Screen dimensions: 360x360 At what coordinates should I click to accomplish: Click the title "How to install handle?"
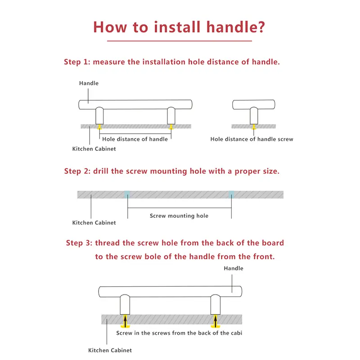pos(179,26)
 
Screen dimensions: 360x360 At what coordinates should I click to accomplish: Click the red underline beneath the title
pos(179,41)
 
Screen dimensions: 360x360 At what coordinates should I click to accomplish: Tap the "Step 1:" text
pos(77,62)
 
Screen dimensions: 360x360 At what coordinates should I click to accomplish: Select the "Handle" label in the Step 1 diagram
pos(89,83)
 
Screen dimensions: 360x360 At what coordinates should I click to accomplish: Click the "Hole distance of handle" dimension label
pos(135,139)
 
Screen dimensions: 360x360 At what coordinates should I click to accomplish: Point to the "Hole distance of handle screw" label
pos(252,139)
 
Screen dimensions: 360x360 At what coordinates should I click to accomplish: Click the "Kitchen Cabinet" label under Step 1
pos(94,148)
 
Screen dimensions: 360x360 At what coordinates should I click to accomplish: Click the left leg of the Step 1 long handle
pos(100,116)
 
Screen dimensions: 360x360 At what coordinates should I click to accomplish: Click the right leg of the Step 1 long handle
pos(171,116)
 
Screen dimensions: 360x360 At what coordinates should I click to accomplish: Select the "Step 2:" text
pos(77,171)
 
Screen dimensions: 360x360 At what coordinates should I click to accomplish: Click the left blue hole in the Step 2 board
pos(127,194)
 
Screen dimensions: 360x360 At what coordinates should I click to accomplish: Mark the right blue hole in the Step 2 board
pos(231,194)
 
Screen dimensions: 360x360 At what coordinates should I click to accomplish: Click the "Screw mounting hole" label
pos(179,216)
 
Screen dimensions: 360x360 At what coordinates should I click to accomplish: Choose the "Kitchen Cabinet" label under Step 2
pos(94,222)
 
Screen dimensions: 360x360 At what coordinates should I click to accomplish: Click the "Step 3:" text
pos(79,243)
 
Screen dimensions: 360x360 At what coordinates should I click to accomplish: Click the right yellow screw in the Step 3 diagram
pos(216,321)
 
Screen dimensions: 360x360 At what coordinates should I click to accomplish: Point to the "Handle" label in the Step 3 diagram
pos(234,268)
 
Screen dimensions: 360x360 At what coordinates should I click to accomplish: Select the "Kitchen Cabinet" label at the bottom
pos(110,350)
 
